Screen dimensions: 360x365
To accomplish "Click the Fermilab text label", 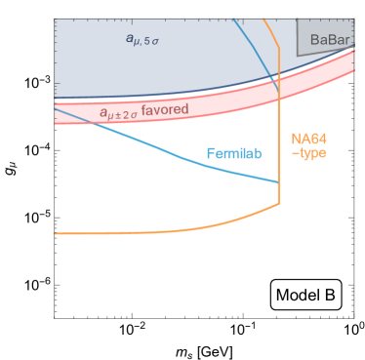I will pyautogui.click(x=235, y=154).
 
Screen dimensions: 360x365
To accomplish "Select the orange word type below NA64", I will pyautogui.click(x=312, y=154).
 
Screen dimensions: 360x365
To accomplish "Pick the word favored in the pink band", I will pyautogui.click(x=164, y=110).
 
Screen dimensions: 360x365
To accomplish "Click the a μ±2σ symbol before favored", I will pyautogui.click(x=117, y=113).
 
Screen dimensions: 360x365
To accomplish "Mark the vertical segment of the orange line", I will pyautogui.click(x=280, y=146).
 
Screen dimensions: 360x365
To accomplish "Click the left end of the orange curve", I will pyautogui.click(x=57, y=233).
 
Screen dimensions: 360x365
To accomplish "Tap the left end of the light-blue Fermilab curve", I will pyautogui.click(x=57, y=109).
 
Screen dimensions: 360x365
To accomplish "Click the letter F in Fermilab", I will pyautogui.click(x=211, y=154).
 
